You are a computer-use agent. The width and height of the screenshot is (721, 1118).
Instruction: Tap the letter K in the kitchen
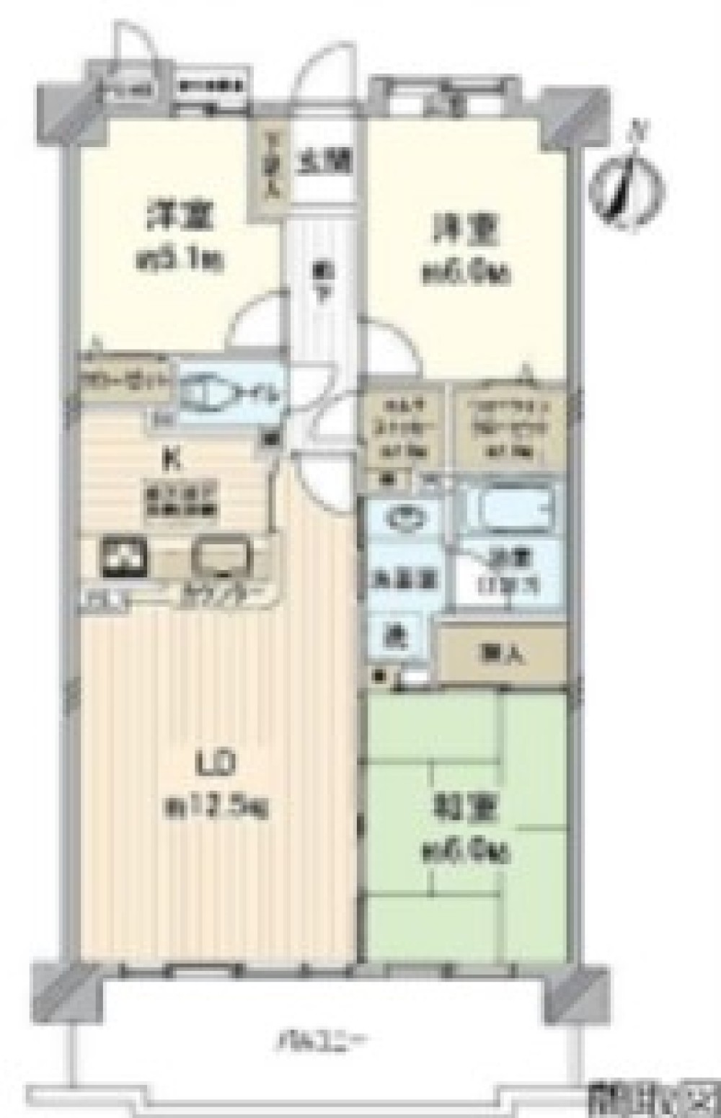174,457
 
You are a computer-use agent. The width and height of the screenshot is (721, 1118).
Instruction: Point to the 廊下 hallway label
322,278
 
